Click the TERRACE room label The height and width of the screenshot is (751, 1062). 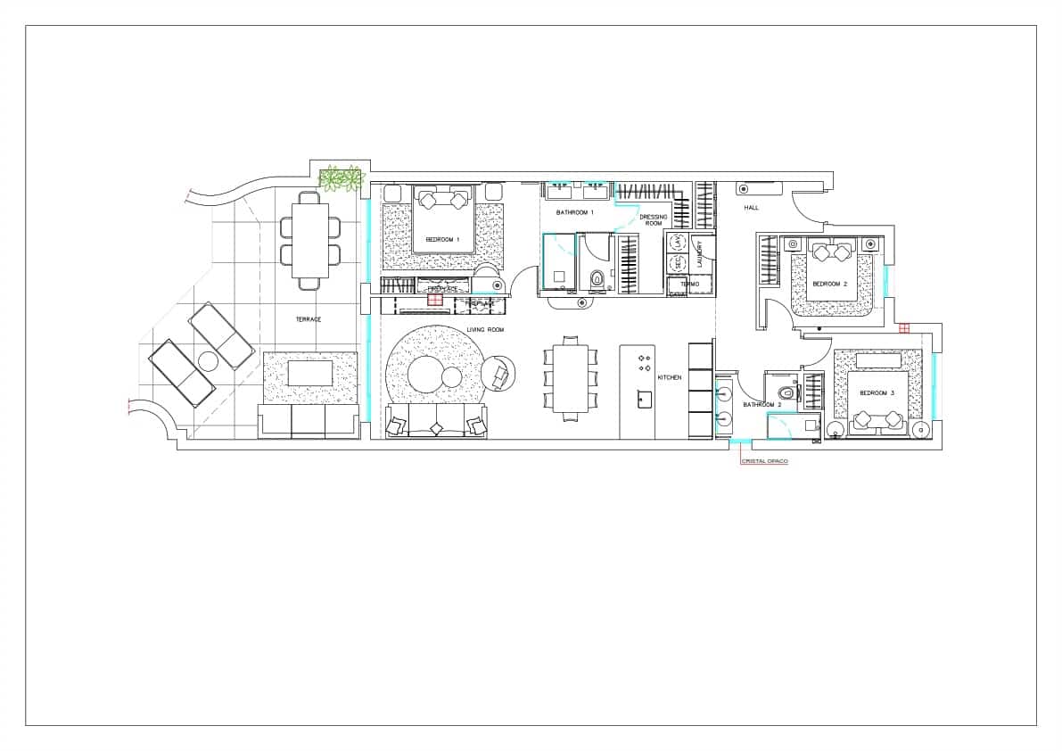pos(309,318)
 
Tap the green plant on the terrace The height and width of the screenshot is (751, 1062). pos(342,178)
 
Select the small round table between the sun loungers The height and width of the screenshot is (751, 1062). pos(209,361)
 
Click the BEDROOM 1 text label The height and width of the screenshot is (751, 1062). pos(442,239)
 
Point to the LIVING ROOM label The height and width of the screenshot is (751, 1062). pos(487,330)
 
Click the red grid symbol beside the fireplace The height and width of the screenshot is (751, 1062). pos(434,300)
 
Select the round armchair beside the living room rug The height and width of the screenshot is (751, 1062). pos(498,375)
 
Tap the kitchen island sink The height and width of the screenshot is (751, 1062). pos(644,399)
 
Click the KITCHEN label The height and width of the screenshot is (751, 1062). pos(670,377)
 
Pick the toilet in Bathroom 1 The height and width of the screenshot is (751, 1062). pos(597,282)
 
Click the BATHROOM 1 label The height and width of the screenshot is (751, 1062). pos(575,212)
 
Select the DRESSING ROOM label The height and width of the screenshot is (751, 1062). pos(654,219)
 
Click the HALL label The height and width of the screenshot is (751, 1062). pos(751,208)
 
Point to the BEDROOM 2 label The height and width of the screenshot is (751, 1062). pos(829,284)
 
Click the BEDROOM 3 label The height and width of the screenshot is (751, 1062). pos(877,392)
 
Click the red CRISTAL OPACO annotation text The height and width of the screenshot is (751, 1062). pos(765,461)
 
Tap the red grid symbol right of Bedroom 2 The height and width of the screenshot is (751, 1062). pos(904,328)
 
